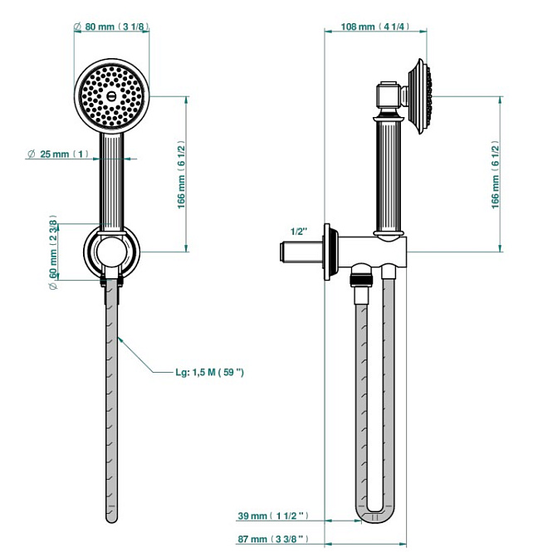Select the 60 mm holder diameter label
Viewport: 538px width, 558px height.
coord(53,247)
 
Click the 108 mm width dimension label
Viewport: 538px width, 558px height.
coord(374,27)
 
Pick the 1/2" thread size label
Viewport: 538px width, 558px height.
coord(300,231)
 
